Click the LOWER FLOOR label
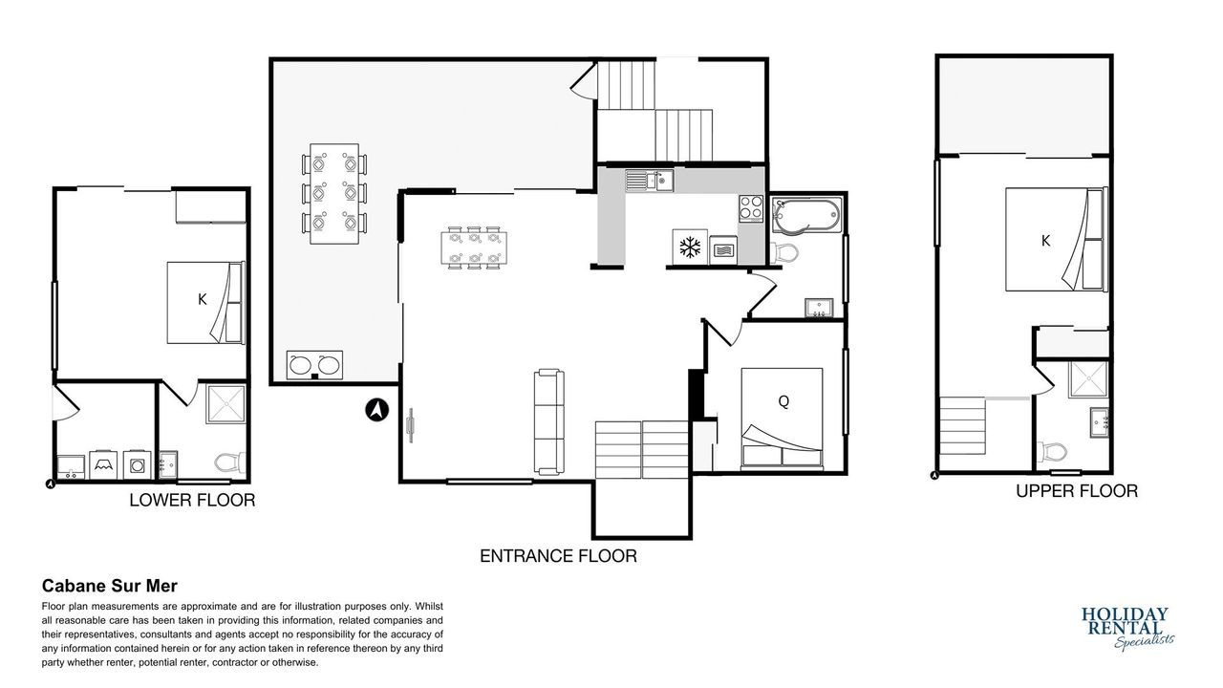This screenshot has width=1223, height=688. point(192,500)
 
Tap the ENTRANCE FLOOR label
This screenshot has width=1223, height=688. point(558,556)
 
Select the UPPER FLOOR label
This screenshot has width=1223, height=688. point(1077,491)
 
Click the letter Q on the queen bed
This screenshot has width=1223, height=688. point(783,402)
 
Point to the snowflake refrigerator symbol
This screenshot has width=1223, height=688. point(690,247)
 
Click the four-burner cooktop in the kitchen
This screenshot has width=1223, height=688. point(751,208)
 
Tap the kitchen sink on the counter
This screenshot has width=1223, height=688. point(649,181)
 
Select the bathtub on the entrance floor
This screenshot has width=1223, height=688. point(807,215)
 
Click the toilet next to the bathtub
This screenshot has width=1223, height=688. point(783,252)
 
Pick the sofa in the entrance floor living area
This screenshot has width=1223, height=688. point(548,421)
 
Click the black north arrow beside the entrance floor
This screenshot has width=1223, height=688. point(376,410)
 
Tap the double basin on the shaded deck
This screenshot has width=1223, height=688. point(314,365)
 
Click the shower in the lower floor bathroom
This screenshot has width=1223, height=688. point(226,403)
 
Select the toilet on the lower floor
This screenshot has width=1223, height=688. point(230,462)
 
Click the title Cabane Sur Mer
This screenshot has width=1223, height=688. point(110,586)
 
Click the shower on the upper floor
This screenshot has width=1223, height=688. point(1088,379)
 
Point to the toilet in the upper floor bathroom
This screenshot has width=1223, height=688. point(1052,452)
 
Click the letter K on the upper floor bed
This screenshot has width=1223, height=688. point(1045,241)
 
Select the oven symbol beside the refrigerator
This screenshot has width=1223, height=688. point(723,250)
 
